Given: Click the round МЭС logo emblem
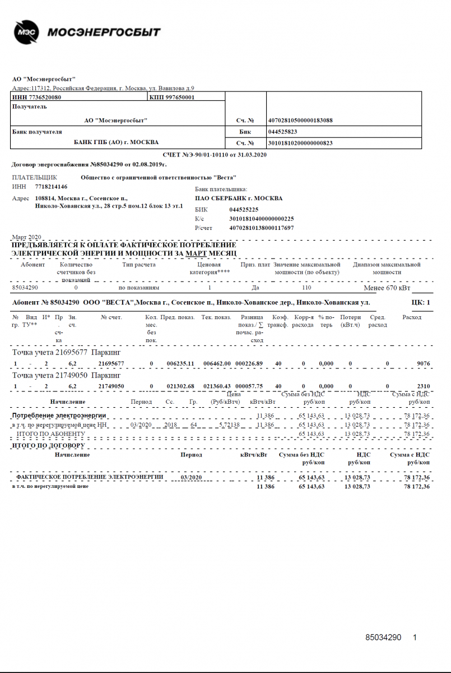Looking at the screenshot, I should pos(26,32).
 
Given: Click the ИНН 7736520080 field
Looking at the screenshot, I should pos(37,98).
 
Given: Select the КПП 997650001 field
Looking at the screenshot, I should pos(172,98).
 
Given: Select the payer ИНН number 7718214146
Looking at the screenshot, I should pos(51,187).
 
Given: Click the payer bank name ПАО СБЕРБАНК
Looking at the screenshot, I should pos(239,198).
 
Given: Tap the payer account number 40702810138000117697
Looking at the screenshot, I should pos(262,228).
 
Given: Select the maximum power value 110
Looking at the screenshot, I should pos(306,287).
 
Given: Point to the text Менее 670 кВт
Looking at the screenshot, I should pos(387,288).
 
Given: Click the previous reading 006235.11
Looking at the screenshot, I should pos(180,363).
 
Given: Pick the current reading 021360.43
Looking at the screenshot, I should pos(216,386).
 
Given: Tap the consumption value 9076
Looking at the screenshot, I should pos(423,363).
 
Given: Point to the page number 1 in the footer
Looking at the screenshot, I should pos(415,638).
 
